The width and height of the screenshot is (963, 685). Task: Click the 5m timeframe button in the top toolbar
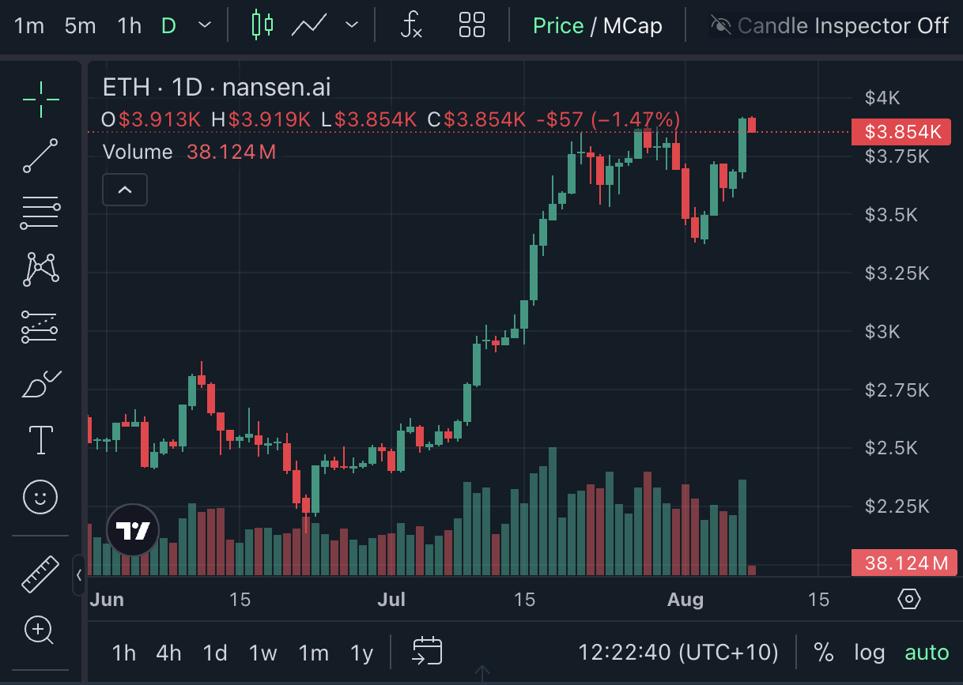pos(80,25)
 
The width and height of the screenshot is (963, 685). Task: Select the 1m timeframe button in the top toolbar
pos(29,25)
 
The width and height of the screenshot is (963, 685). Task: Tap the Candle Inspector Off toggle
pos(829,25)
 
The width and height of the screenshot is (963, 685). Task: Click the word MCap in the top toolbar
pos(633,25)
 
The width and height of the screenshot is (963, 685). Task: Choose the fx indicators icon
pos(411,25)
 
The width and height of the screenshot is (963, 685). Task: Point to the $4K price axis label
pos(882,98)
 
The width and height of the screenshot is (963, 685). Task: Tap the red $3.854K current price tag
pos(901,132)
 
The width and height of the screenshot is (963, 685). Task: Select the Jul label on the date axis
pos(391,600)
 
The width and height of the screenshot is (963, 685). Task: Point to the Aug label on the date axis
pos(685,600)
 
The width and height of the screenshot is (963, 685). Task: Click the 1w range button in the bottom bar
pos(262,653)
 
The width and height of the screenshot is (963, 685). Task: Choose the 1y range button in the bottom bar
pos(361,653)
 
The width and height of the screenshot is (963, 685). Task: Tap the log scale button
pos(869,653)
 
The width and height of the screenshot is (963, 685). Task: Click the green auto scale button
pos(927,653)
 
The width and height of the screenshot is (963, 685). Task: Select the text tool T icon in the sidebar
pos(40,440)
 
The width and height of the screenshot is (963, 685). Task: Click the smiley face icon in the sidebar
pos(40,497)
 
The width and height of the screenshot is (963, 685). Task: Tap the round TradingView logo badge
pos(133,530)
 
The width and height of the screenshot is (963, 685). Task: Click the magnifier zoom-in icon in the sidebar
pos(39,630)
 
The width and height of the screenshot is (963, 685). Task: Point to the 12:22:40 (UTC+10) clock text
pos(678,653)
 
